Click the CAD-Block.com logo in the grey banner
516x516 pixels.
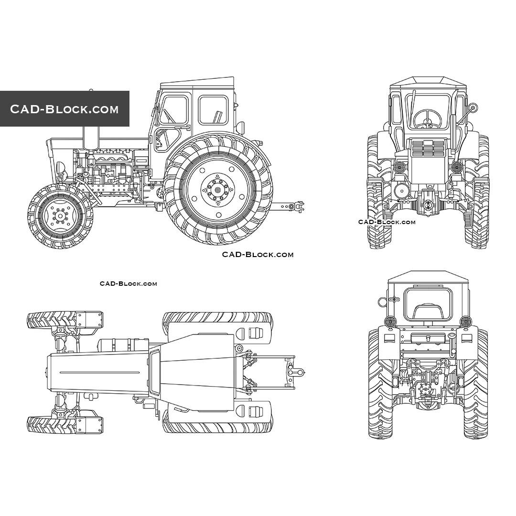point(64,109)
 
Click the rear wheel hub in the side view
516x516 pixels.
point(218,190)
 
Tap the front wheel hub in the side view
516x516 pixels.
point(60,216)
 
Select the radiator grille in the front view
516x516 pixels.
point(427,149)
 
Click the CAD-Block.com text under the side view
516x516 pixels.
point(258,255)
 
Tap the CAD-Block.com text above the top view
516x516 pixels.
point(128,284)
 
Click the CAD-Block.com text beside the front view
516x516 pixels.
point(387,222)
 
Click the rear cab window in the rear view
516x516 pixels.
point(428,304)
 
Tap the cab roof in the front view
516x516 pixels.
point(427,82)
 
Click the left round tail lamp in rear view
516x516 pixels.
point(391,321)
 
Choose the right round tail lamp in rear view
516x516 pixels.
point(465,321)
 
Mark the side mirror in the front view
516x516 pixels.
point(472,107)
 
